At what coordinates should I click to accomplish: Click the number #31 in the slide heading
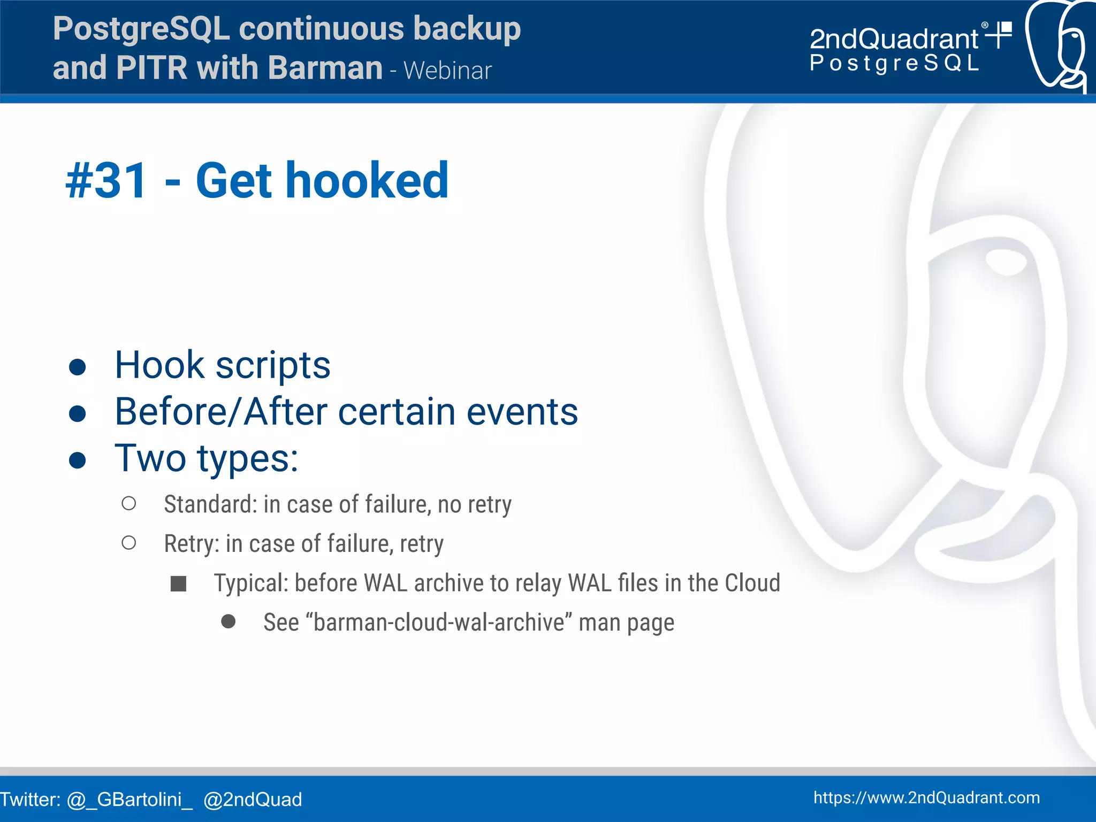[106, 181]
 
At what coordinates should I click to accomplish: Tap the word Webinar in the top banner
[447, 71]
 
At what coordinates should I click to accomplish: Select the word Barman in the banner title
[325, 68]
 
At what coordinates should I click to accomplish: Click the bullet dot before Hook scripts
[78, 367]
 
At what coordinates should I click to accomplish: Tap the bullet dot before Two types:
[78, 460]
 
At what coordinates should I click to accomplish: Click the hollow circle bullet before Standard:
[128, 503]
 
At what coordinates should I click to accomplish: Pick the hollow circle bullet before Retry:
[128, 543]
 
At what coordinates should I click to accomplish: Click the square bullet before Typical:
[178, 583]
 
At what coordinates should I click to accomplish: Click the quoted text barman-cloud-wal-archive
[439, 623]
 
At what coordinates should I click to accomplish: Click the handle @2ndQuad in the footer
[253, 800]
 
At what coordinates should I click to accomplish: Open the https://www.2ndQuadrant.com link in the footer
[926, 798]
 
